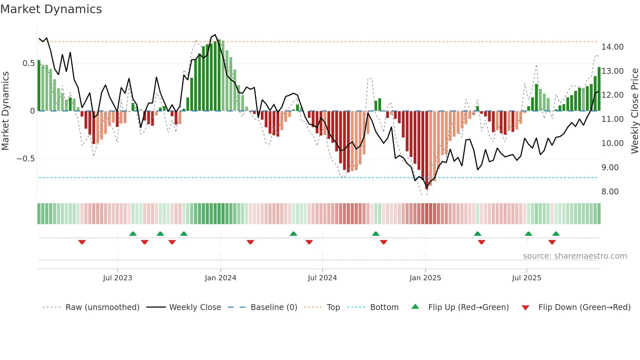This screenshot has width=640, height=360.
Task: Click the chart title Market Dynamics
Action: tap(51, 9)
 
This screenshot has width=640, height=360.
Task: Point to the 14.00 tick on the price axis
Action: tap(612, 47)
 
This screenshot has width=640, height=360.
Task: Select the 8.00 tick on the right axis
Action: tap(610, 192)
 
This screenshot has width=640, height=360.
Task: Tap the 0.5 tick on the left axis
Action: tap(28, 63)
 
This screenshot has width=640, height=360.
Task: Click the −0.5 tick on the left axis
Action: tap(25, 159)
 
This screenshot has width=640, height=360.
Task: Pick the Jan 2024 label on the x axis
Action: tap(220, 278)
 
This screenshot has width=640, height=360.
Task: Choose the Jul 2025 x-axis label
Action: tap(526, 278)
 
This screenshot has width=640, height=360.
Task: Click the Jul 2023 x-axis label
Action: tap(118, 278)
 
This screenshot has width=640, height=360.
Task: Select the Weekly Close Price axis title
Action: tap(634, 111)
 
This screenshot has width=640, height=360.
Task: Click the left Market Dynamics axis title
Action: tap(5, 111)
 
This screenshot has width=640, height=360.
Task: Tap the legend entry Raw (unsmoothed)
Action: tap(102, 307)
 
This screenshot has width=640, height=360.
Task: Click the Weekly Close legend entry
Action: tap(195, 307)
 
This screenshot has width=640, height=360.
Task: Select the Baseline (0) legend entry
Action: tap(274, 307)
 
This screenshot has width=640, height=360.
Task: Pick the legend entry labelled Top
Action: tap(333, 307)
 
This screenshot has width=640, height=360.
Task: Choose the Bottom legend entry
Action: tap(384, 307)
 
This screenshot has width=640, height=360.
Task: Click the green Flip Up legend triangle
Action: tap(415, 306)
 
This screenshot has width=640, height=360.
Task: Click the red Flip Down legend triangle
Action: tap(525, 308)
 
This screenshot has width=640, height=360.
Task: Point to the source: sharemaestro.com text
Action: tap(575, 256)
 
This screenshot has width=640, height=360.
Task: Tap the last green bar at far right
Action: tap(599, 89)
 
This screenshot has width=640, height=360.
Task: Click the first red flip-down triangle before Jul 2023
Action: tap(82, 242)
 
